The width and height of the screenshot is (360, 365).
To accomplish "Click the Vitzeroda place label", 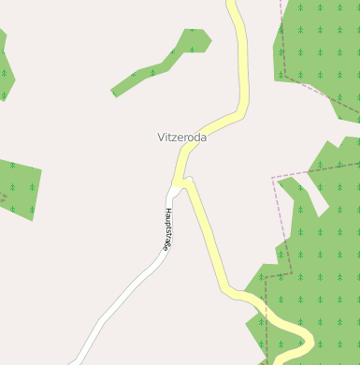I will (181, 137).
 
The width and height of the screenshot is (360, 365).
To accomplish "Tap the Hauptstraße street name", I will (166, 229).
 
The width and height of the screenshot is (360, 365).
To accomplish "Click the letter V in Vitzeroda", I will (161, 137).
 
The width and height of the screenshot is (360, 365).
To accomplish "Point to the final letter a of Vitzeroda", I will (203, 137).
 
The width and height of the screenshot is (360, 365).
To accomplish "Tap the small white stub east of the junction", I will (189, 179).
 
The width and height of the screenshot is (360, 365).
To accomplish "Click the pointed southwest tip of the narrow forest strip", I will (113, 93).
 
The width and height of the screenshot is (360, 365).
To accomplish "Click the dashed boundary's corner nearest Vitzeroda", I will (272, 177).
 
